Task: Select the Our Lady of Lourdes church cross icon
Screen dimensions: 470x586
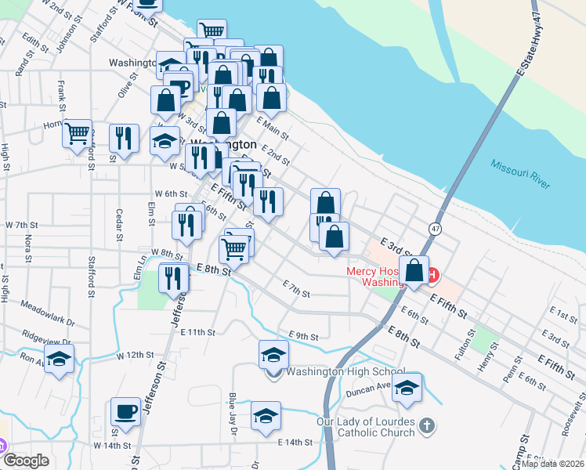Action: [426, 426]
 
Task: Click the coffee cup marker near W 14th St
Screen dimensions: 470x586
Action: [125, 410]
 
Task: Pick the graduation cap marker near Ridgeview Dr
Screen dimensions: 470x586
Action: [58, 361]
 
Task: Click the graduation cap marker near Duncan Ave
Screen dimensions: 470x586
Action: [407, 388]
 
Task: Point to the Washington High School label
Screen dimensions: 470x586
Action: [345, 372]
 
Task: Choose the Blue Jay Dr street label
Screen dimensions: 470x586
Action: [233, 410]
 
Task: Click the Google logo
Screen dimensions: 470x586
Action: [26, 461]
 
